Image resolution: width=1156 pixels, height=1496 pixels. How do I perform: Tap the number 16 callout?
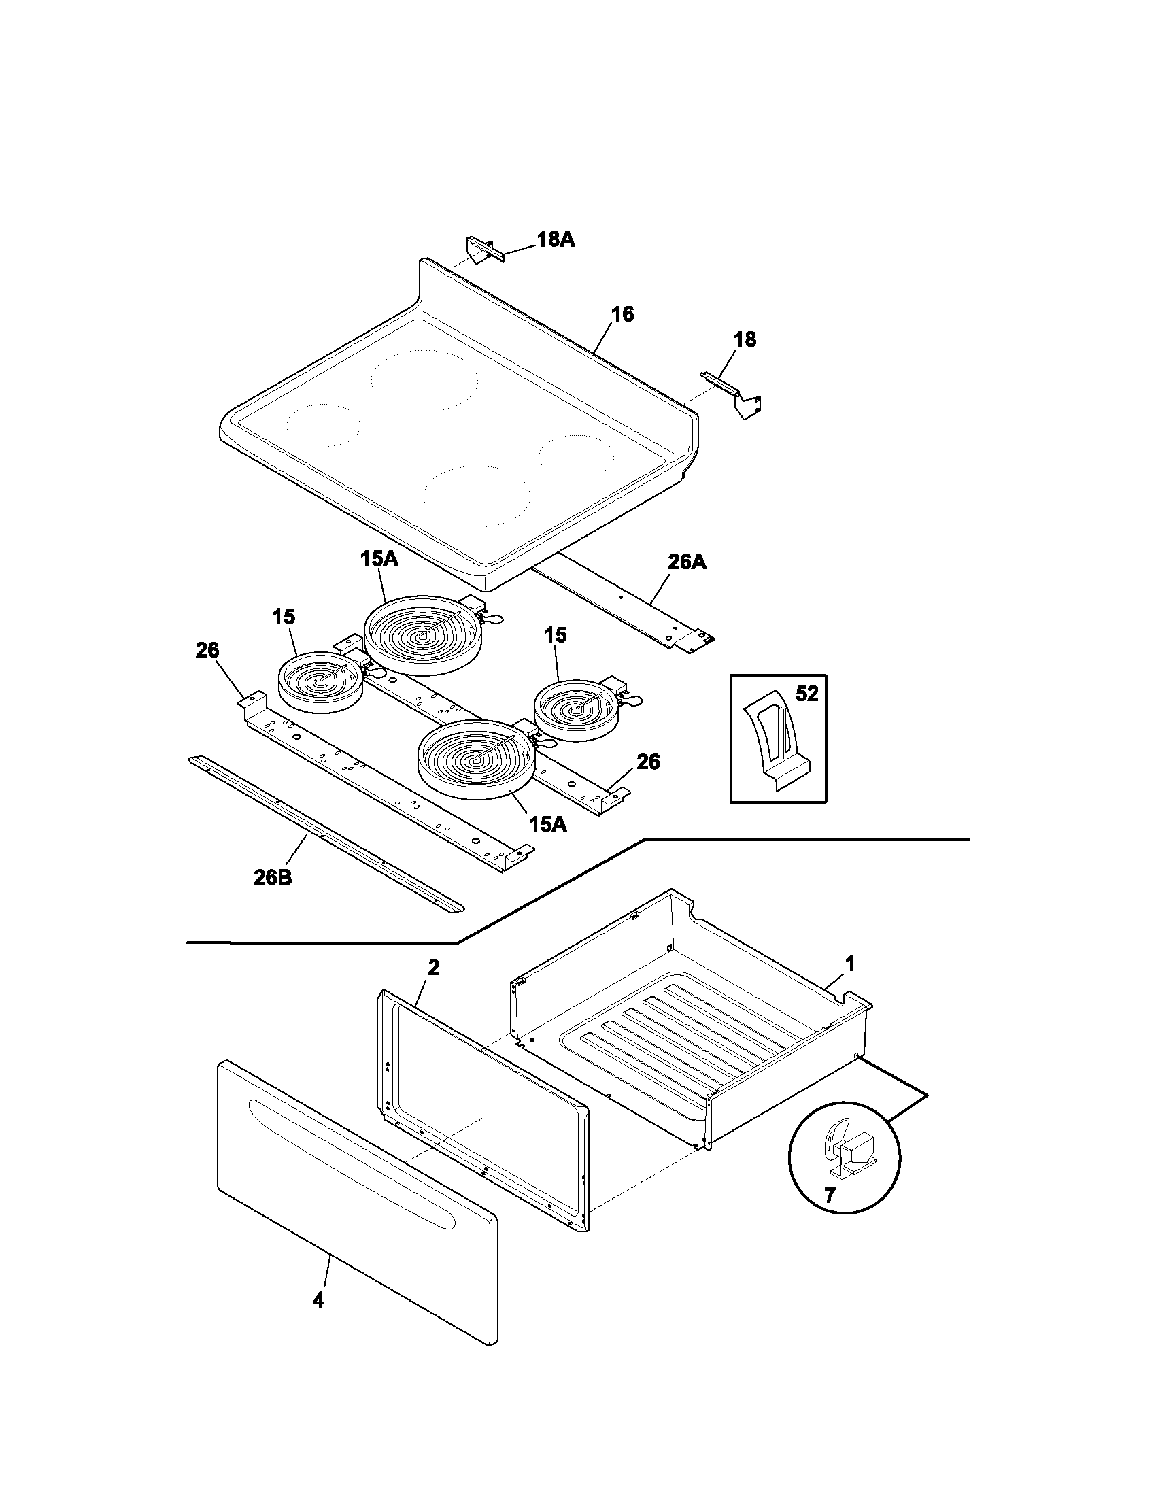[622, 314]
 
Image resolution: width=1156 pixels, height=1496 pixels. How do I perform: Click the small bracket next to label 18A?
[483, 250]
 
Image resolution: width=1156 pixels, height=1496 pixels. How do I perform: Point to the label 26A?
[687, 562]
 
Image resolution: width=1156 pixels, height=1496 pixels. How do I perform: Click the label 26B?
[273, 877]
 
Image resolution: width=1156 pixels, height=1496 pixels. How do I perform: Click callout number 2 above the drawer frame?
[434, 968]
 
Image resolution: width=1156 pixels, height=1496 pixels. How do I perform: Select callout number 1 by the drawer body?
[849, 965]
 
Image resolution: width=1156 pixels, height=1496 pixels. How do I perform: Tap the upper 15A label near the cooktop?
[379, 559]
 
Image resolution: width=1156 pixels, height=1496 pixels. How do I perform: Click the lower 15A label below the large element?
[548, 824]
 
